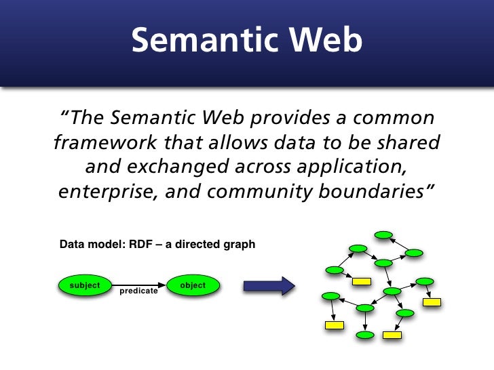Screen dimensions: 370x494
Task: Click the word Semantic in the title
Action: tap(205, 41)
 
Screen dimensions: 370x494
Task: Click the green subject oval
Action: tap(85, 285)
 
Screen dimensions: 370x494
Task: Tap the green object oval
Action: tap(193, 285)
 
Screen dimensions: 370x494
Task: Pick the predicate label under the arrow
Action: tap(138, 291)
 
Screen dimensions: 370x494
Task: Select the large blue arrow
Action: tap(269, 285)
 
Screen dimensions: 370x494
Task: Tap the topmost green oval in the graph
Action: tap(384, 235)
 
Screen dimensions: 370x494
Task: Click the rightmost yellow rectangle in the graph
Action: tap(432, 302)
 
